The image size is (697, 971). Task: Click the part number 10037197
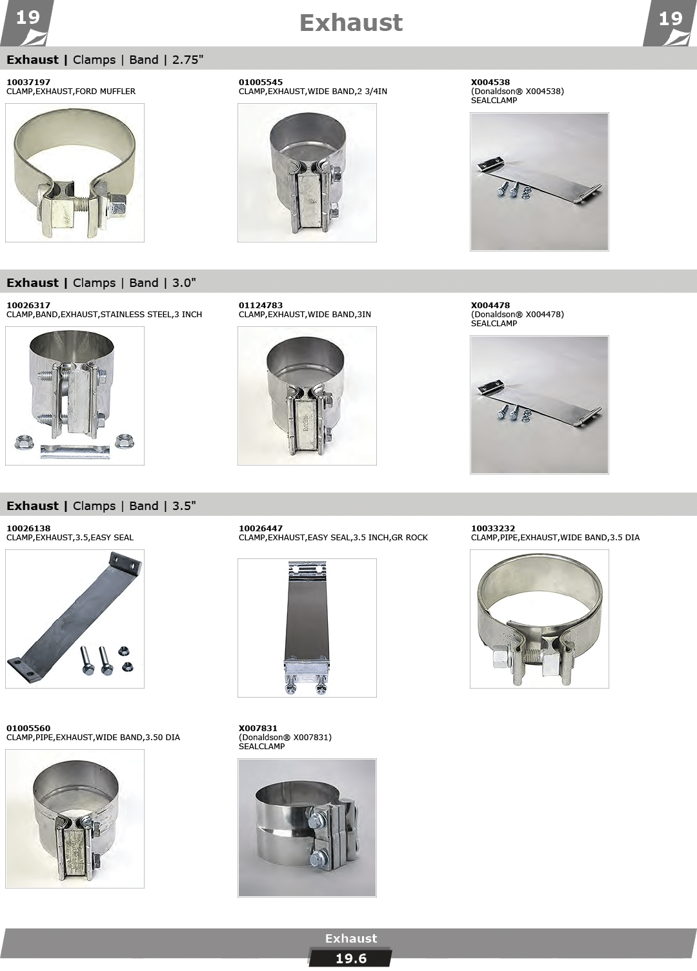[28, 82]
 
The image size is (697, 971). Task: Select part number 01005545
[260, 82]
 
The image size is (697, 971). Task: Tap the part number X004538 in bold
[490, 82]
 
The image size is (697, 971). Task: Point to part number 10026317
[28, 305]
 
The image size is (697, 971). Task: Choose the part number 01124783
[260, 305]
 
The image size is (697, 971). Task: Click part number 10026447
[260, 529]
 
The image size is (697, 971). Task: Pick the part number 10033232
[493, 529]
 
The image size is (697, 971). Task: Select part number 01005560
[28, 729]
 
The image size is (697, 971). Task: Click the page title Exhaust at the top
[351, 23]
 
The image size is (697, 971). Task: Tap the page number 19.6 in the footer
[351, 959]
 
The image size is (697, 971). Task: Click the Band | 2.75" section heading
[167, 59]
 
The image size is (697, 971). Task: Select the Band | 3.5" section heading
[163, 506]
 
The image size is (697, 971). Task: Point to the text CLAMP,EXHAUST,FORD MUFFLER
[71, 92]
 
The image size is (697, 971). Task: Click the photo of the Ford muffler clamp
[75, 173]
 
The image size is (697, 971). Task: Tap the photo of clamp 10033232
[540, 619]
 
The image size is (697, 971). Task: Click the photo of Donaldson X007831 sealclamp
[307, 828]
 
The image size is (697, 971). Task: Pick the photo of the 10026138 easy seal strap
[75, 619]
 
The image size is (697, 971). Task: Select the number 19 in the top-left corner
[28, 18]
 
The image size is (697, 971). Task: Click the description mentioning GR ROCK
[333, 538]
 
